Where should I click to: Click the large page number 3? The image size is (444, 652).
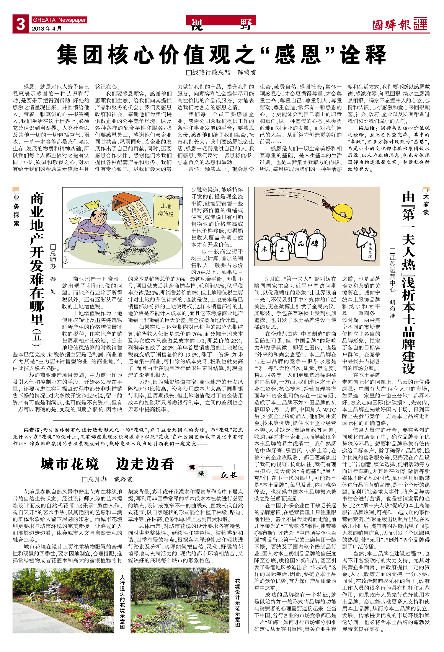[x=20, y=24]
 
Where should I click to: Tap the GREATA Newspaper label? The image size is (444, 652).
[x=59, y=20]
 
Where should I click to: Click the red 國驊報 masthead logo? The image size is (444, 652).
[x=400, y=25]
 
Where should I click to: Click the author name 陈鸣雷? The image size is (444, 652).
[x=247, y=72]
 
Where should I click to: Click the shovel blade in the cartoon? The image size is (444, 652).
[x=139, y=239]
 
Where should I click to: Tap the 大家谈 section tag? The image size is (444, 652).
[x=426, y=204]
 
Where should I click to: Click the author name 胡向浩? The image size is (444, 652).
[x=392, y=308]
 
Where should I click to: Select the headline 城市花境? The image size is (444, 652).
[x=70, y=464]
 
